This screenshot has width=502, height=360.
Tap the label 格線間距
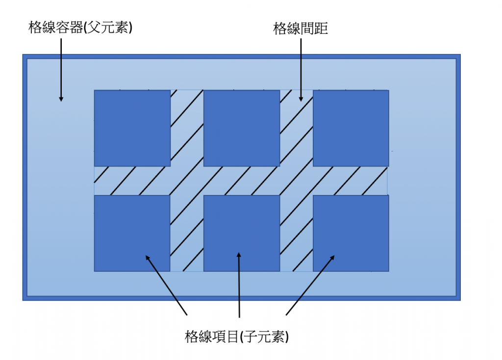[300, 29]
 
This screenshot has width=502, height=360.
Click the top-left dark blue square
[132, 128]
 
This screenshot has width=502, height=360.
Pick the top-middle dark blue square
[242, 128]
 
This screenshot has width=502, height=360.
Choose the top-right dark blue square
[351, 128]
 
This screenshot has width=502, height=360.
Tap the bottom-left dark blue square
[132, 233]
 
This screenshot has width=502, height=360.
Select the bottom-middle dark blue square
[242, 233]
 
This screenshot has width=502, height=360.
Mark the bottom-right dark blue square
[351, 233]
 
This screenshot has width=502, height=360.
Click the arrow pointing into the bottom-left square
[166, 285]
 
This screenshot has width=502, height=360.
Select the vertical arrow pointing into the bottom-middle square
[239, 285]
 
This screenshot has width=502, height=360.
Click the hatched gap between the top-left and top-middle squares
[187, 128]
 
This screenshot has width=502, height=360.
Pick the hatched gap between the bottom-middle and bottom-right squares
[296, 233]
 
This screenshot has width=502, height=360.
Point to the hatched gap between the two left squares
[132, 181]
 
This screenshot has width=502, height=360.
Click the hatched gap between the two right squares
[351, 181]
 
